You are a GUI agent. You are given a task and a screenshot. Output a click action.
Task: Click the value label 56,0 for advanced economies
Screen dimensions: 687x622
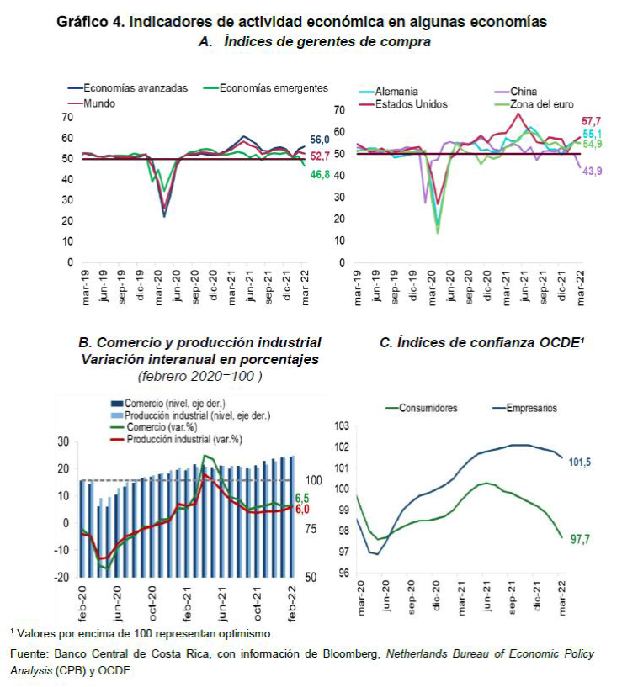pos(320,140)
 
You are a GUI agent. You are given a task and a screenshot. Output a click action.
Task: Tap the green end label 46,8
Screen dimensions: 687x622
pos(320,173)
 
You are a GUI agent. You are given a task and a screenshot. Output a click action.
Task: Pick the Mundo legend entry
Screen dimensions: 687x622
pos(100,103)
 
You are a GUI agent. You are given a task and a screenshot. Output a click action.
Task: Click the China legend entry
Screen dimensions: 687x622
pos(524,91)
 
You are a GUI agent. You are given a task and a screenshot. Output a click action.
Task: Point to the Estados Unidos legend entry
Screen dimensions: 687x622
pos(412,104)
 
